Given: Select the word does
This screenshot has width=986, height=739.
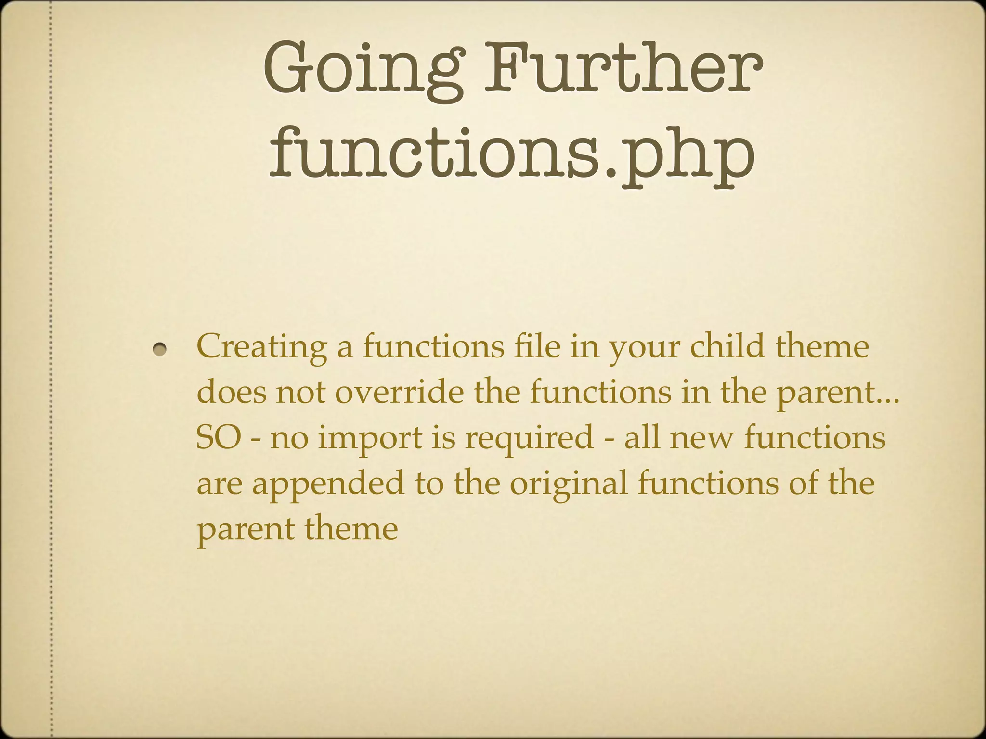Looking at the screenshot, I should click(x=231, y=392).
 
